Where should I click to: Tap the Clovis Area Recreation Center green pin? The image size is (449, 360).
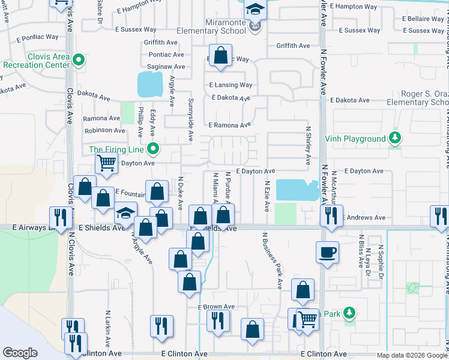click(x=80, y=60)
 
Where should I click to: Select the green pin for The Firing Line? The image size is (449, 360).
click(x=153, y=149)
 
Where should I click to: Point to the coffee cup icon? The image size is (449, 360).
click(x=328, y=252)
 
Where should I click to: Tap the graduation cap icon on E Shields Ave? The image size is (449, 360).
click(x=126, y=215)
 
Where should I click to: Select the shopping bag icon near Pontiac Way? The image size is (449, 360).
click(x=221, y=55)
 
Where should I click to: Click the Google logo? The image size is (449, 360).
click(x=20, y=353)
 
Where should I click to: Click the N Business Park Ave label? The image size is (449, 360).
click(x=272, y=261)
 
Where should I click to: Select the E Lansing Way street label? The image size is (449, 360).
click(x=231, y=85)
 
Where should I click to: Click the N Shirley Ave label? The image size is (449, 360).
click(x=309, y=146)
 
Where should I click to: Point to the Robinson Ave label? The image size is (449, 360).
click(x=105, y=130)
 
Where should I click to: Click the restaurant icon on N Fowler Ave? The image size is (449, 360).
click(x=331, y=217)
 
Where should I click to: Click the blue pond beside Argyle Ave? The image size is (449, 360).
click(x=149, y=84)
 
